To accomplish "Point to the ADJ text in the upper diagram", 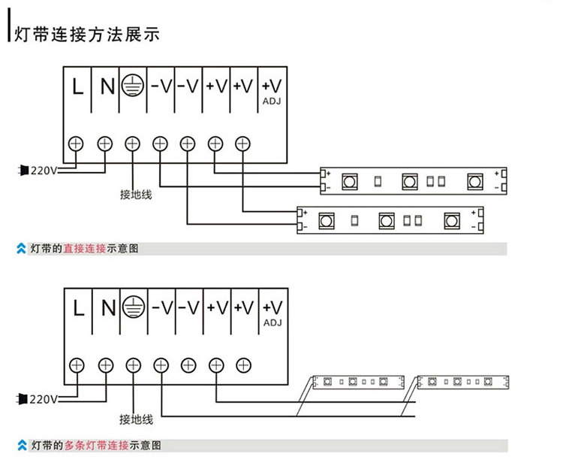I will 272,101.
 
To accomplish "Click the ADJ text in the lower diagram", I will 272,322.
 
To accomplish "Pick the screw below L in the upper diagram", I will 77,143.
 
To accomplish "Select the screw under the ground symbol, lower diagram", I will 133,365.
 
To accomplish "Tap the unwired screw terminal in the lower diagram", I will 242,365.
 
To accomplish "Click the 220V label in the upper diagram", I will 44,171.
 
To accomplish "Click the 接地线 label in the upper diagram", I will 136,195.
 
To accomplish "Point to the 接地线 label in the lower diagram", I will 136,419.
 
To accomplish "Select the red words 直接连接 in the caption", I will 84,248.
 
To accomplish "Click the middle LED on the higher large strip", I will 409,181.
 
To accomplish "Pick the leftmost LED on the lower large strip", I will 327,221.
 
